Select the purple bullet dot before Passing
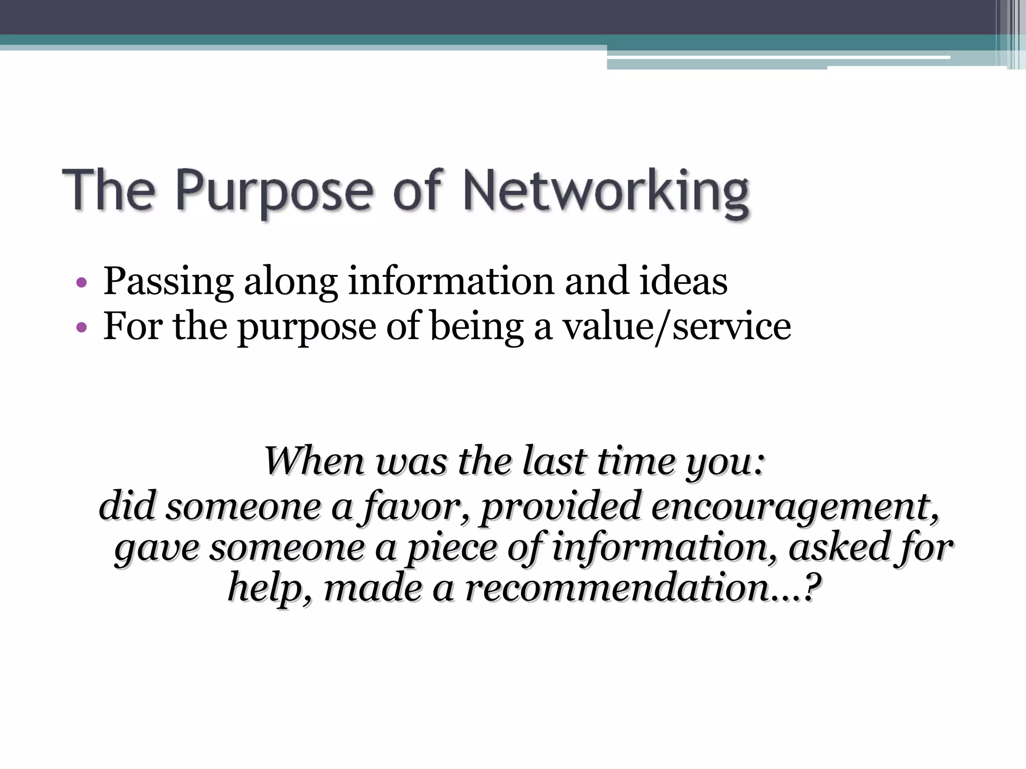[x=82, y=283]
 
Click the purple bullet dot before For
[x=82, y=328]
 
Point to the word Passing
[x=168, y=282]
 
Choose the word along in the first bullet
[x=291, y=282]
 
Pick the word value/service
[x=677, y=327]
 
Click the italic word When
[x=314, y=461]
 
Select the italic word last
[x=554, y=461]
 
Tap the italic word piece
[x=451, y=548]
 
